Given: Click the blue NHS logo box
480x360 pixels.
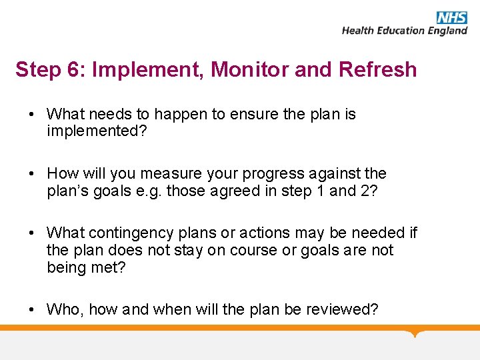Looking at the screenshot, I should (x=452, y=17).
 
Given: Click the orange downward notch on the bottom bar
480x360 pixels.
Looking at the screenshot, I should (x=415, y=333).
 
